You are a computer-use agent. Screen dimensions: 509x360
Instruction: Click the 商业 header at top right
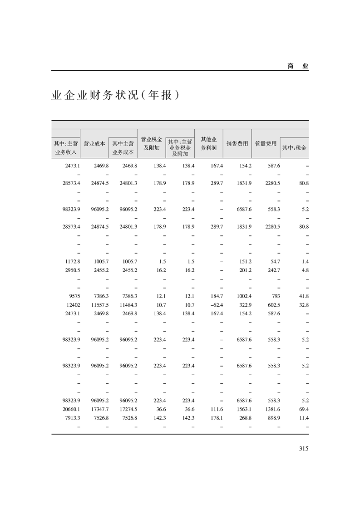click(298, 66)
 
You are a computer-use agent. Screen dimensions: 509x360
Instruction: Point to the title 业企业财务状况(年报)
click(113, 96)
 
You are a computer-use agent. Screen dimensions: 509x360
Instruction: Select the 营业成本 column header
click(94, 143)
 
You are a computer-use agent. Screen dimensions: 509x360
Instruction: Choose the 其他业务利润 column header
click(209, 143)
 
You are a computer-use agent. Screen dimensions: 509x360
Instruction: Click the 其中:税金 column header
click(295, 148)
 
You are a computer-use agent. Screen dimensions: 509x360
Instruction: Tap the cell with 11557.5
click(99, 304)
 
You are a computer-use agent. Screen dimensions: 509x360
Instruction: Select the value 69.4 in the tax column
click(303, 409)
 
